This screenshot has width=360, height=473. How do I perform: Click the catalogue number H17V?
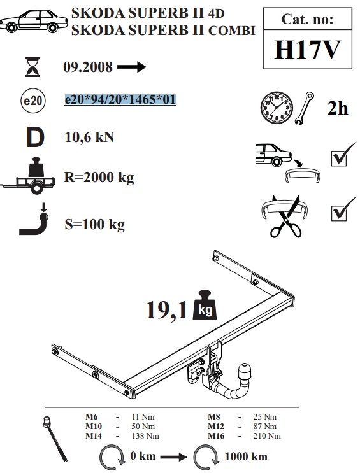click(308, 50)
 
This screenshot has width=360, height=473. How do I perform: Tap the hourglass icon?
click(32, 66)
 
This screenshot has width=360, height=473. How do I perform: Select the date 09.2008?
click(88, 67)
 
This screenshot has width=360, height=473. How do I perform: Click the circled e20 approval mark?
click(33, 101)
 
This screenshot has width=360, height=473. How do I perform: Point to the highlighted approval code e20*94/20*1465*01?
click(120, 99)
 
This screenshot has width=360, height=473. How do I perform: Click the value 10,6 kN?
click(89, 138)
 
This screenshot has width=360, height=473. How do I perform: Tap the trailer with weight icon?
click(28, 176)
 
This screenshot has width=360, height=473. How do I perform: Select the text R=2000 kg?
click(99, 178)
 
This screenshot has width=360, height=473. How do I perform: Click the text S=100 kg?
click(94, 225)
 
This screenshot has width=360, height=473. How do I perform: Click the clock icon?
click(277, 108)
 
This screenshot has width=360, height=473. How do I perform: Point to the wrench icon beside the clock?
click(305, 108)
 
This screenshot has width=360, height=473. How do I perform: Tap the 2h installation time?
click(338, 108)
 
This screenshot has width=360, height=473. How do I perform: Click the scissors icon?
click(285, 217)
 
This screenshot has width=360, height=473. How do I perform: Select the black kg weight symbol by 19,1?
click(205, 306)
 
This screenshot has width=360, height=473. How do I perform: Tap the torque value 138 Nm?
click(145, 436)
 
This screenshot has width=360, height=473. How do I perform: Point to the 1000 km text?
click(246, 456)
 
